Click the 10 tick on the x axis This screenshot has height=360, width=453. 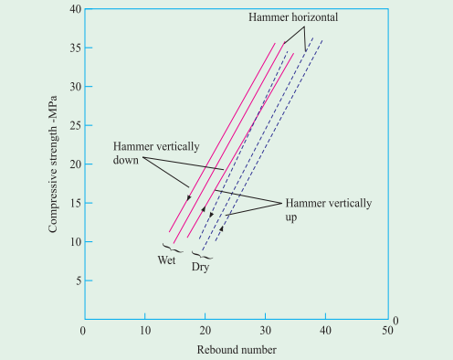[x=144, y=330]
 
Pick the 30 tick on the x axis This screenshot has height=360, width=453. [x=266, y=330]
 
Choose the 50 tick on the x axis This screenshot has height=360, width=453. [x=388, y=330]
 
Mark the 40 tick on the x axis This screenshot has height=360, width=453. [x=327, y=330]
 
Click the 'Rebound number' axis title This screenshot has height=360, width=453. [x=235, y=349]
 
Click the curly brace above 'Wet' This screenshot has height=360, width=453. [x=168, y=246]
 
